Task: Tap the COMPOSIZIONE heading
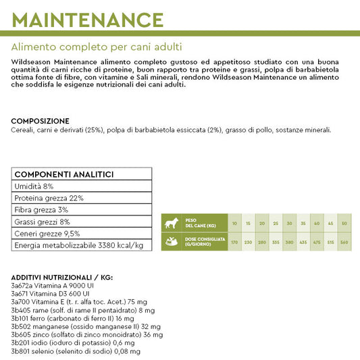[x=40, y=121]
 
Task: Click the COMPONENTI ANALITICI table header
[x=64, y=174]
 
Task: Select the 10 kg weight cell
[x=234, y=224]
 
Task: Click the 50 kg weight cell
[x=344, y=224]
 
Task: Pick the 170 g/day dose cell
[x=234, y=241]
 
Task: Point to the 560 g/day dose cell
[x=344, y=241]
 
